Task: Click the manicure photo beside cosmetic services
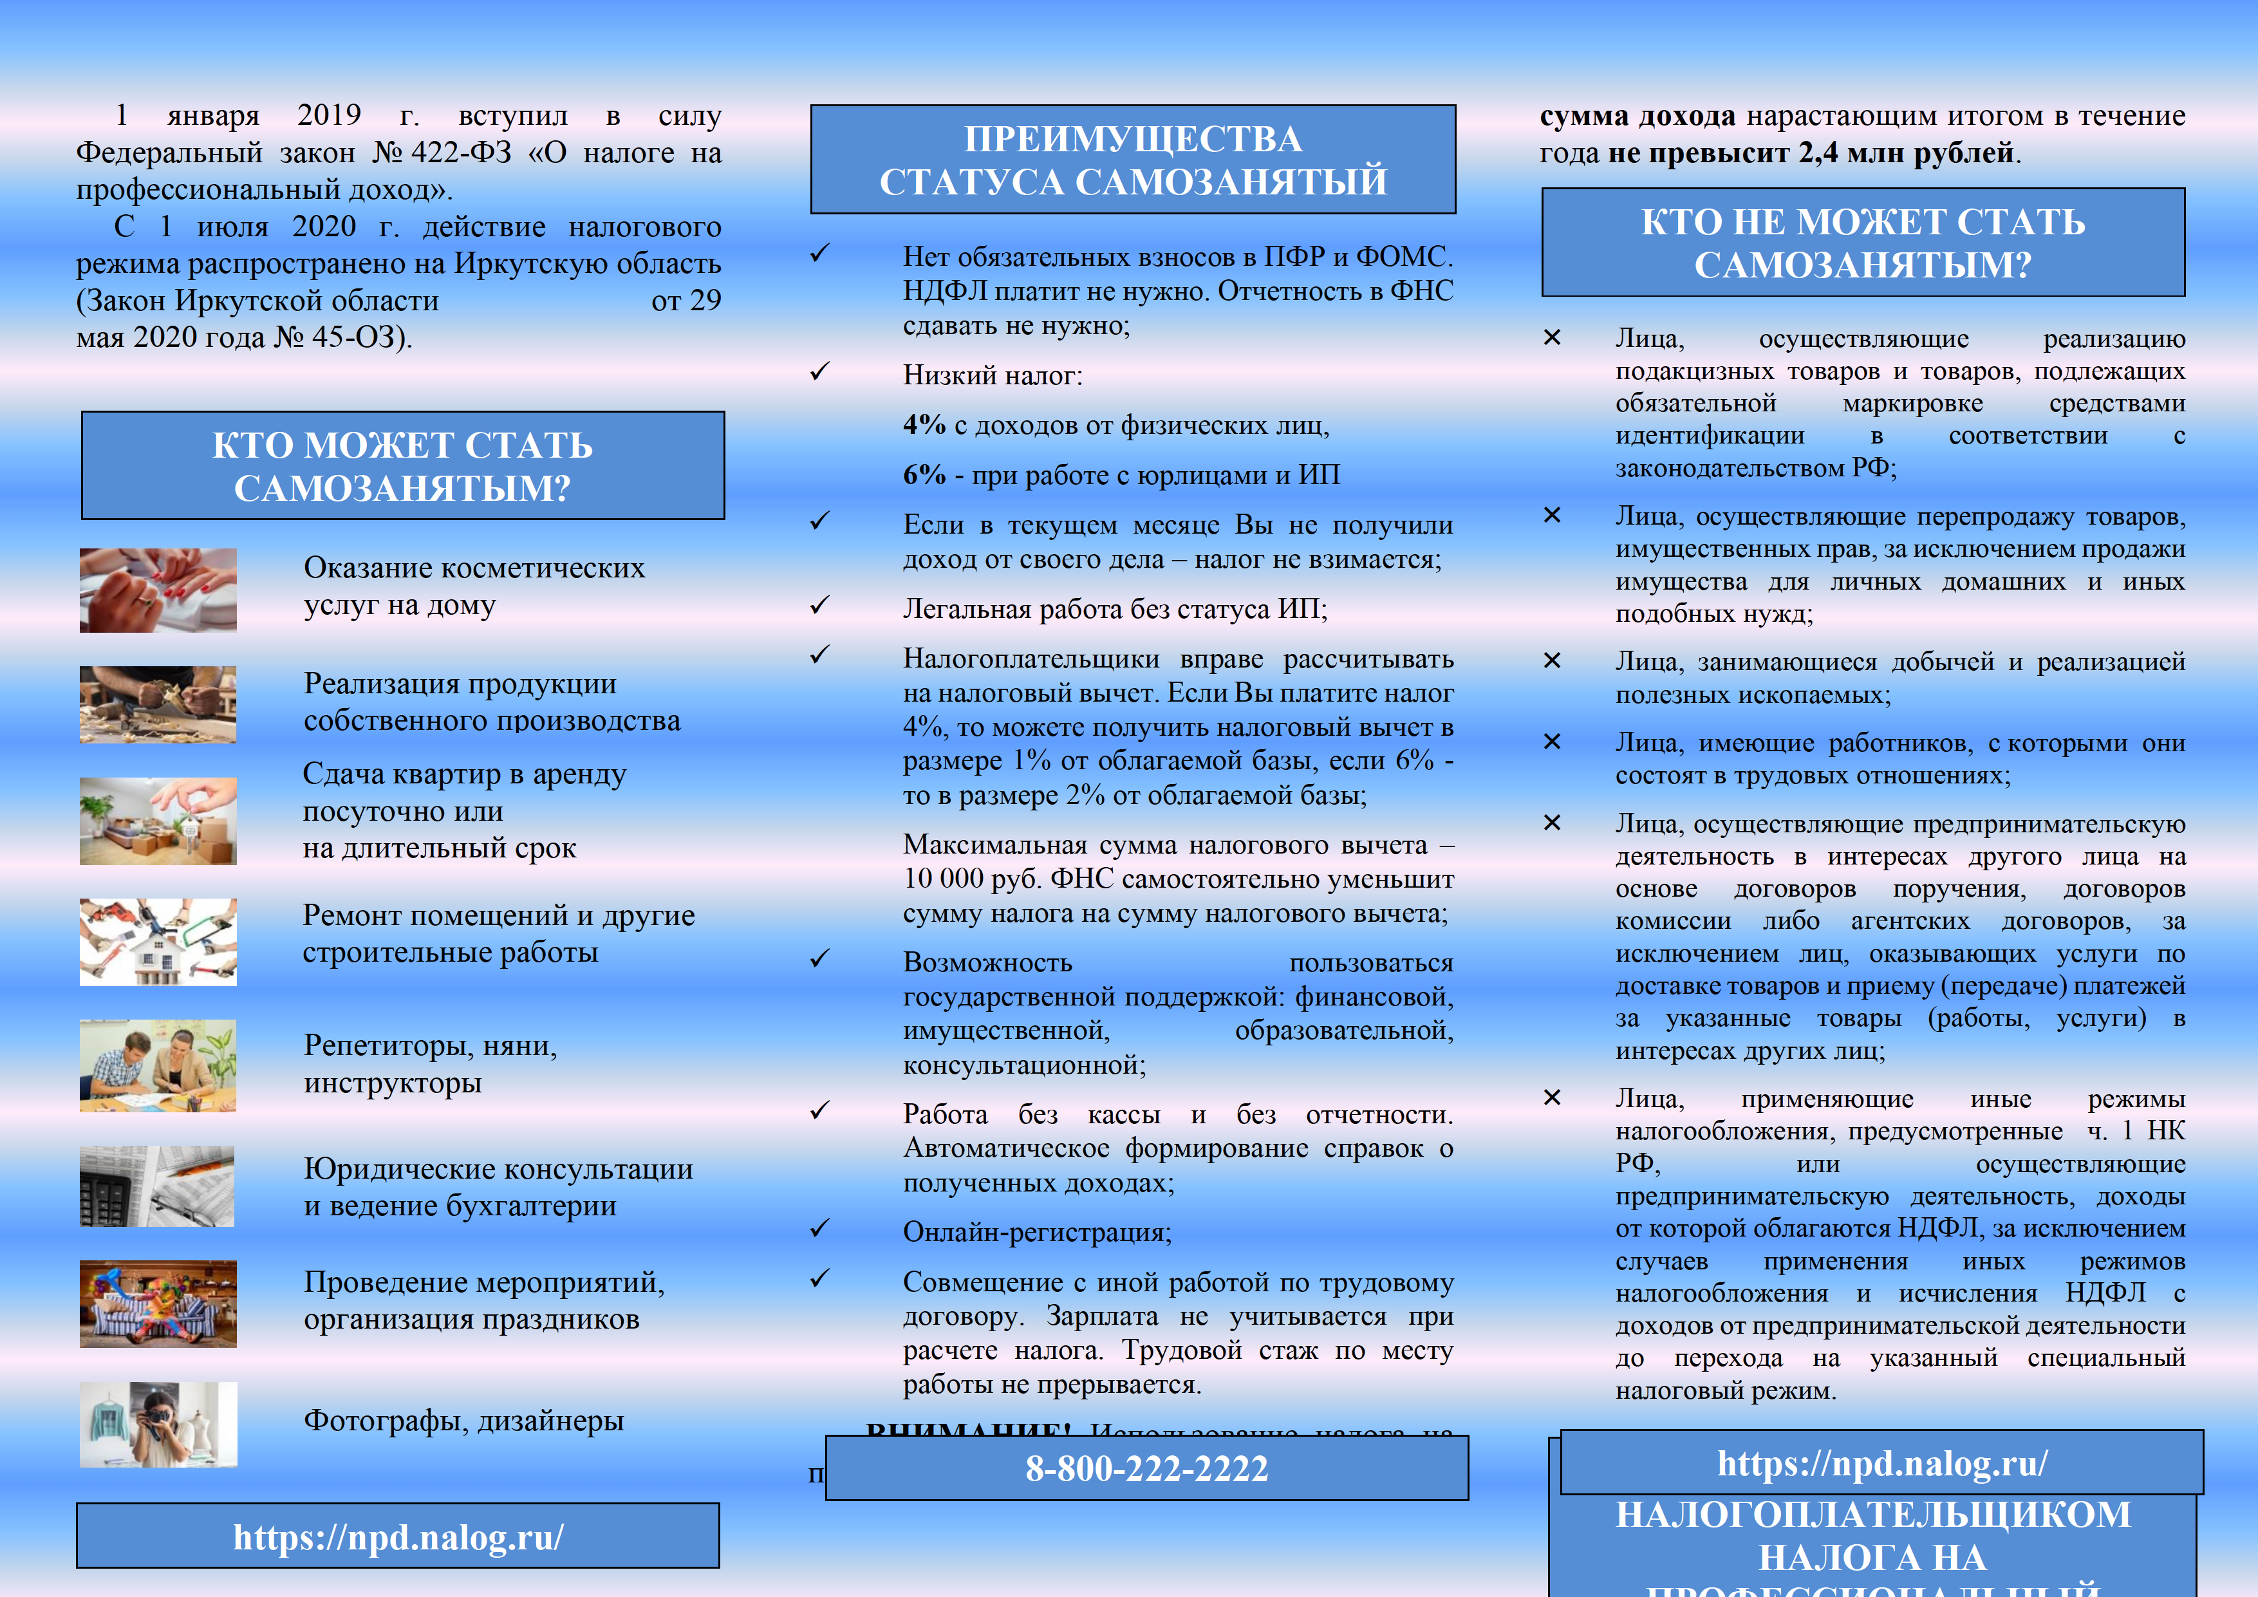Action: click(x=158, y=590)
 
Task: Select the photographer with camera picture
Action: click(x=158, y=1424)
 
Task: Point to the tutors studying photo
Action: click(x=158, y=1066)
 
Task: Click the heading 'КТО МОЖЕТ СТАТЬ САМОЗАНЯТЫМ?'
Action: click(x=402, y=466)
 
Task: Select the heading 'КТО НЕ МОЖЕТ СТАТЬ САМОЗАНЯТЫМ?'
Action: click(x=1863, y=243)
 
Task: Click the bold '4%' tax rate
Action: click(x=924, y=425)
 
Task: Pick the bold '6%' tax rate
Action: click(x=924, y=475)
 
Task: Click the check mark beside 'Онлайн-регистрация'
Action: click(x=820, y=1228)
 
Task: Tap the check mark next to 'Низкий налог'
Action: click(x=820, y=371)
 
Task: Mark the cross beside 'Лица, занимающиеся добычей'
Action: click(x=1552, y=661)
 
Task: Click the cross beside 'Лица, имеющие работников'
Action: click(x=1552, y=742)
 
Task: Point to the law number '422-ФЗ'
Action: click(x=462, y=153)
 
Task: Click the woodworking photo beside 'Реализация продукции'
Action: click(x=158, y=704)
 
